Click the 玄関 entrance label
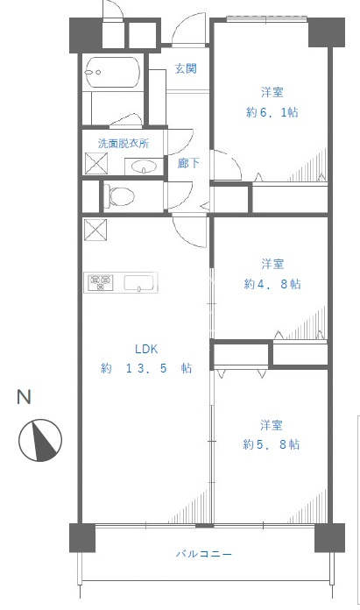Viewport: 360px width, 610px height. tap(186, 69)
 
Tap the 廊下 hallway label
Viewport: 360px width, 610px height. tap(188, 163)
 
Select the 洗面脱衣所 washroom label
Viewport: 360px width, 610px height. tap(124, 144)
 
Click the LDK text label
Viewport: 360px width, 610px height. tap(146, 349)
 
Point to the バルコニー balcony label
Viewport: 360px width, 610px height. tap(204, 554)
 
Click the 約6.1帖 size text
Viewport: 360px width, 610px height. tap(272, 112)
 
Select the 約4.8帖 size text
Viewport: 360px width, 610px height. tap(272, 284)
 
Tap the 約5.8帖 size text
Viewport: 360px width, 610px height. tap(271, 444)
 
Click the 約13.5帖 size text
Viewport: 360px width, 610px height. tap(146, 368)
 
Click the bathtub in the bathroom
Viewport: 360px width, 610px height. tap(112, 73)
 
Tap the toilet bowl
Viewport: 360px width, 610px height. tap(119, 195)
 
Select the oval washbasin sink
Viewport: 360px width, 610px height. tap(144, 167)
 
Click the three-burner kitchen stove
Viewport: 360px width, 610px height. tap(101, 282)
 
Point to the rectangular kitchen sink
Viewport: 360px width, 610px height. tap(139, 283)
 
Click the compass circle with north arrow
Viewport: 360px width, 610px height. tap(40, 440)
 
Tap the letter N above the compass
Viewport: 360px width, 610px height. tap(24, 397)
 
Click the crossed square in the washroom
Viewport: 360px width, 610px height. tap(96, 163)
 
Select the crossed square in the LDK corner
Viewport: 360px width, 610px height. tap(95, 231)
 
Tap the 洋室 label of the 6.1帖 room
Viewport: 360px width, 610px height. tap(272, 93)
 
